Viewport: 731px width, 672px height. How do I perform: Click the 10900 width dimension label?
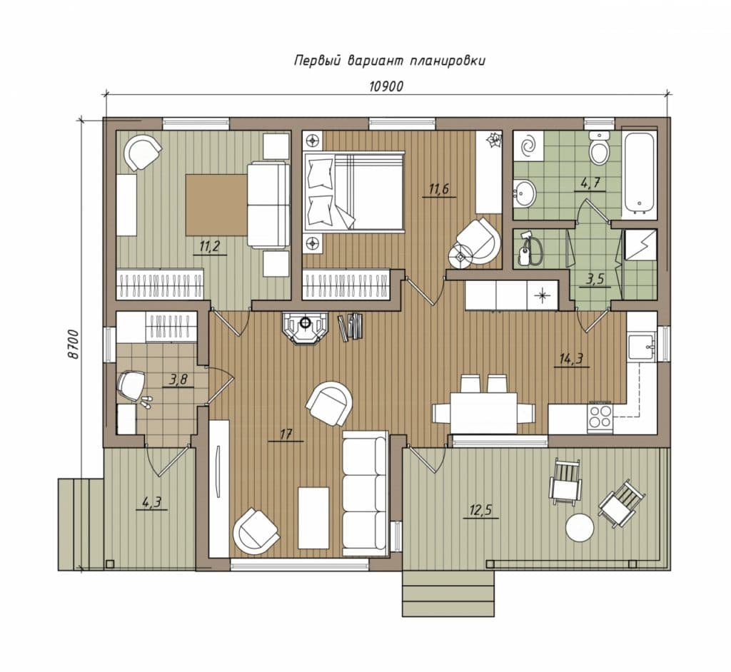coord(385,86)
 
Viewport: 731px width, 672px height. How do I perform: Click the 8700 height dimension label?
coord(73,345)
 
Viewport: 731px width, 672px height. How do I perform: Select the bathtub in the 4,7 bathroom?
coord(639,173)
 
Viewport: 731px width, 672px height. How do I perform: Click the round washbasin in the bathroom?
coord(525,193)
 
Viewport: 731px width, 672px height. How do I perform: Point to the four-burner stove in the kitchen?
coord(600,417)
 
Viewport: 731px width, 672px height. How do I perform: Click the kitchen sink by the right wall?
coord(642,347)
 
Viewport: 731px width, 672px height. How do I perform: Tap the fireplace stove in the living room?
coord(306,327)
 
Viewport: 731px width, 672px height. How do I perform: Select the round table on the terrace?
coord(580,527)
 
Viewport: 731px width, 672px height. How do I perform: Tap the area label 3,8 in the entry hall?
coord(178,380)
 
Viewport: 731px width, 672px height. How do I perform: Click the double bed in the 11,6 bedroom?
coord(353,191)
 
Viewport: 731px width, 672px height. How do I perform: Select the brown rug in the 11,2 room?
coord(216,205)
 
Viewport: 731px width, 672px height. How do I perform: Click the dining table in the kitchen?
coord(483,412)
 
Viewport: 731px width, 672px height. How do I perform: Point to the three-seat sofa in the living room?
coord(365,493)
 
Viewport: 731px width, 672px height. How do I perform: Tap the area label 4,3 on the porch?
coord(151,503)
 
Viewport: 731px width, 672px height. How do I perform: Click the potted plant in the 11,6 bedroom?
coord(493,140)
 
